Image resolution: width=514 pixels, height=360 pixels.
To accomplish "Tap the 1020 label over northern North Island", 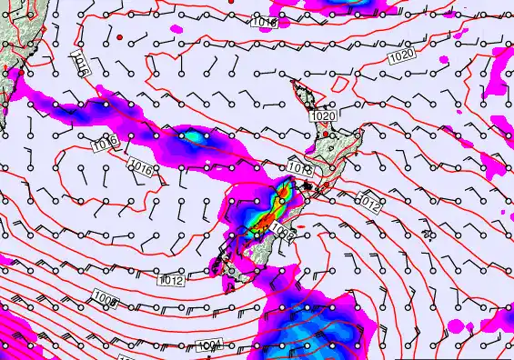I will (x=322, y=116).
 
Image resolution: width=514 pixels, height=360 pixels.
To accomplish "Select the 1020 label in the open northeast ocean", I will (x=401, y=56).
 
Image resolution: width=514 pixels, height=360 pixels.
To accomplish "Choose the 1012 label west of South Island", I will (x=171, y=280).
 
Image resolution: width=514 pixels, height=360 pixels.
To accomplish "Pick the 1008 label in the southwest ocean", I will (x=106, y=299).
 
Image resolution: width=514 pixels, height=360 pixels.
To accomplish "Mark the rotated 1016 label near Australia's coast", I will (x=81, y=63).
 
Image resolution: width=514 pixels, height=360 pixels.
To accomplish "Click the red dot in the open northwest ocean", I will (x=119, y=37).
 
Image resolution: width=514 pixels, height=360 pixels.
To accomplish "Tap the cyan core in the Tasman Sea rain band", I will (x=194, y=136).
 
